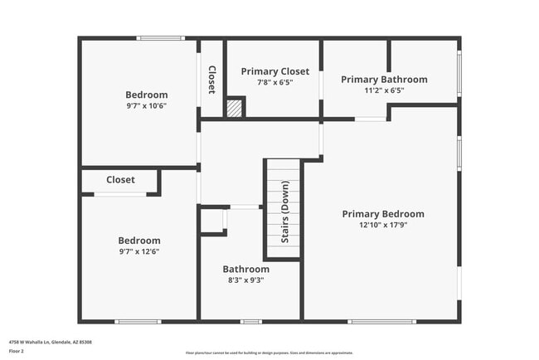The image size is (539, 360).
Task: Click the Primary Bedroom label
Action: (382, 214)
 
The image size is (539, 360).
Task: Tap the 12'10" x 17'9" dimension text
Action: (382, 225)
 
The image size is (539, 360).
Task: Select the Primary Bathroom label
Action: (384, 80)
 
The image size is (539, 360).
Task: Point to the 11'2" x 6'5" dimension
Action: (384, 90)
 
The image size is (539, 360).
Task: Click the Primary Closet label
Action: (274, 71)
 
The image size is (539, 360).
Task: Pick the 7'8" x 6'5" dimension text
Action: (274, 82)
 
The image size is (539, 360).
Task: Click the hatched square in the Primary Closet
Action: (235, 108)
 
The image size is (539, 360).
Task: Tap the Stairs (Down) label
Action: (284, 222)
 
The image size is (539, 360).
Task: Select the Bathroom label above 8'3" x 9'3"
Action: (245, 270)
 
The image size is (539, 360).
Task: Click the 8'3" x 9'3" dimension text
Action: (245, 280)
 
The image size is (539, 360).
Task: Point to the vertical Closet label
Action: (211, 80)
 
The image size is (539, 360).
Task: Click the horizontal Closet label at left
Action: (120, 179)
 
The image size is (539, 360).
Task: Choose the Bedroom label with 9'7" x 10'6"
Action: (146, 95)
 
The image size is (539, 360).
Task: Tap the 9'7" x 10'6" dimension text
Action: (146, 105)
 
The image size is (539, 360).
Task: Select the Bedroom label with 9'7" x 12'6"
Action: (139, 241)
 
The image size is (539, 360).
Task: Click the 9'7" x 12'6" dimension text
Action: (139, 251)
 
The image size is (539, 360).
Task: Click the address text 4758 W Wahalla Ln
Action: (50, 342)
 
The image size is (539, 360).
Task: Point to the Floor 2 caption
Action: (17, 351)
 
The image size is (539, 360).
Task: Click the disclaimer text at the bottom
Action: (269, 352)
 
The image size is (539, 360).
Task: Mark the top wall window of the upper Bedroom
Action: (160, 38)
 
